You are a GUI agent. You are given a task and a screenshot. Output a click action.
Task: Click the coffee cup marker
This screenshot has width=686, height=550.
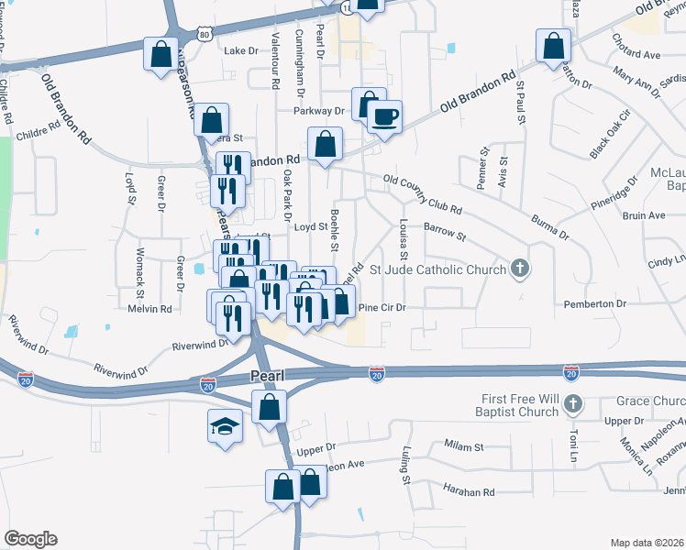385,116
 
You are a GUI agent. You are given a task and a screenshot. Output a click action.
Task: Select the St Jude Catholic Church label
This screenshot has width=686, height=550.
437,269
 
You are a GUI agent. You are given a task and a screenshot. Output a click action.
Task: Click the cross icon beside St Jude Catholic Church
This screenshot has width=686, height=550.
520,269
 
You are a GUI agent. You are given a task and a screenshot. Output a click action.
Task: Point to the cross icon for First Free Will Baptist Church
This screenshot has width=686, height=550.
572,403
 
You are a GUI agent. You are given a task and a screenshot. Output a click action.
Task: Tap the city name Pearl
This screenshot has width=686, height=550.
267,376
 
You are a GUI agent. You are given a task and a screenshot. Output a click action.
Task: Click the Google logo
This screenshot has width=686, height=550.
30,539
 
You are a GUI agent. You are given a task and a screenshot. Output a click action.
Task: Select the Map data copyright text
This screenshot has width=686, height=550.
647,542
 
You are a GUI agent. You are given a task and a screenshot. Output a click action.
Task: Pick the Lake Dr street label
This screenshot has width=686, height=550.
241,51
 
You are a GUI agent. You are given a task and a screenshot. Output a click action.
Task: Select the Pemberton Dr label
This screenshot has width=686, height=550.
621,302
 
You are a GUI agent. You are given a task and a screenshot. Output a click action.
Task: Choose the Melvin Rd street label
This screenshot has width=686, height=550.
150,309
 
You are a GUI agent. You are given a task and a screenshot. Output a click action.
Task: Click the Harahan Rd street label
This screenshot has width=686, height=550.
469,492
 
